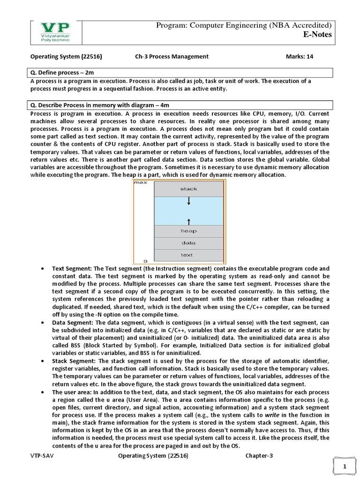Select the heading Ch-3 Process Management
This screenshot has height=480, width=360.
(x=172, y=57)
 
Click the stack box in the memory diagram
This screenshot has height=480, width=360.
(x=188, y=189)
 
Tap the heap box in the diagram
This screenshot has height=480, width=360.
(x=188, y=231)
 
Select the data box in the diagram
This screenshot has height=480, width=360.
(x=188, y=243)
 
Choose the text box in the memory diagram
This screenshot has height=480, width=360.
(x=188, y=255)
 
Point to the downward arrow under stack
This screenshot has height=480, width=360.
(x=188, y=201)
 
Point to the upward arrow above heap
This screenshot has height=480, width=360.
(x=188, y=220)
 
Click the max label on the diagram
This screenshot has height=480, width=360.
(x=141, y=183)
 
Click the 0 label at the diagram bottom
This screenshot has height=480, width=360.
(x=145, y=260)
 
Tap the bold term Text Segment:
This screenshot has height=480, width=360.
(x=72, y=269)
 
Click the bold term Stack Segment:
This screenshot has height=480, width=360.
(x=74, y=360)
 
